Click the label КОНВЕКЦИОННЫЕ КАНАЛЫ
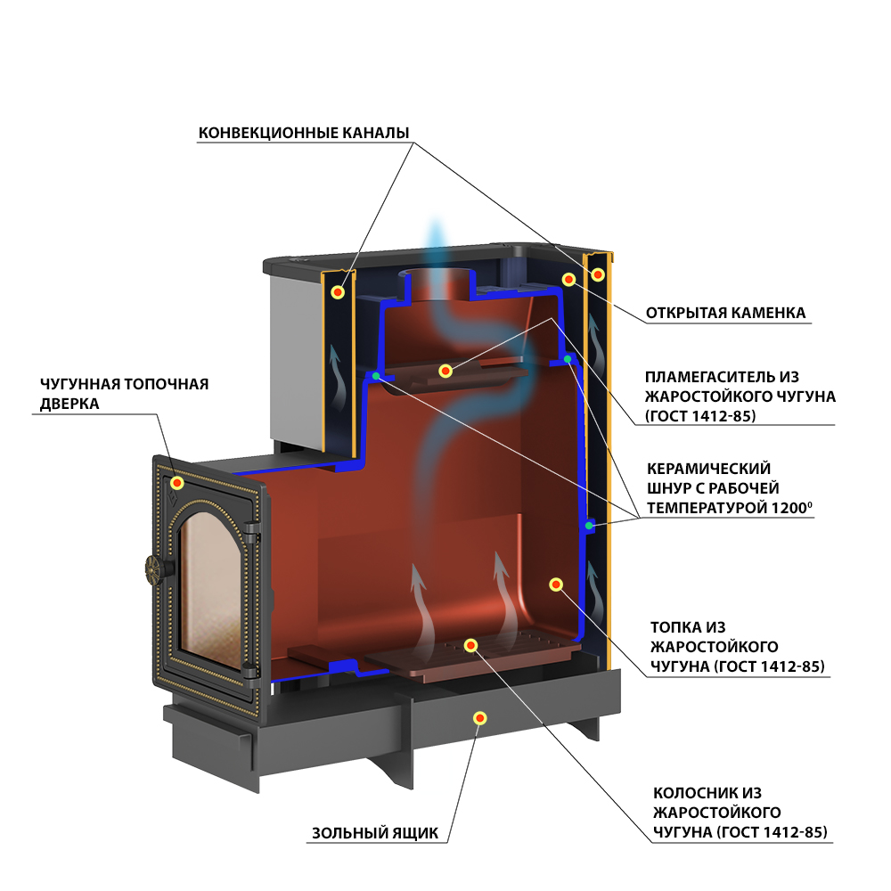pyautogui.click(x=304, y=133)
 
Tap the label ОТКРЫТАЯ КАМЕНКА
pyautogui.click(x=725, y=313)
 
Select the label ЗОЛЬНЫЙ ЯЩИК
pyautogui.click(x=375, y=833)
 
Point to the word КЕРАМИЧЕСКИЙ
pyautogui.click(x=708, y=469)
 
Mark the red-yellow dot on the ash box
pyautogui.click(x=480, y=718)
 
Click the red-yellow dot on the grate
pyautogui.click(x=470, y=645)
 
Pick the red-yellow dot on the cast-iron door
pyautogui.click(x=177, y=483)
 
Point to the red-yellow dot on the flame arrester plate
pyautogui.click(x=445, y=371)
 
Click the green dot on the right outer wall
pyautogui.click(x=590, y=526)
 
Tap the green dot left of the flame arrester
pyautogui.click(x=376, y=376)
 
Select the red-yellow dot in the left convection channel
pyautogui.click(x=338, y=292)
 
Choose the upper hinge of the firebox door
pyautogui.click(x=250, y=531)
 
